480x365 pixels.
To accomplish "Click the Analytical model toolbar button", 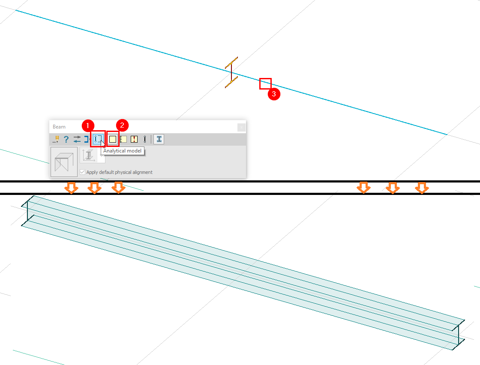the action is pos(98,139).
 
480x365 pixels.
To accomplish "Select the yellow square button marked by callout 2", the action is pos(113,139).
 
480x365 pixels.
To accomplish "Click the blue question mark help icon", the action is pos(66,139).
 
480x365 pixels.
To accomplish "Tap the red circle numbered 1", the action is pos(88,126).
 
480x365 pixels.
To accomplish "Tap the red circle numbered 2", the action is pos(122,126).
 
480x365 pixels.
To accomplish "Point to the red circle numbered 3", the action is pos(274,94).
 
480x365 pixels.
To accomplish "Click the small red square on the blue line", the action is pos(265,84).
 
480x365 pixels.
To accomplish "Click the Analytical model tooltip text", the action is pos(122,151).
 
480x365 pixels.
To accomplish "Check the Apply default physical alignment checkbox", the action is pos(82,172).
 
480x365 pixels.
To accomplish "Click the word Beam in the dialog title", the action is pos(59,127).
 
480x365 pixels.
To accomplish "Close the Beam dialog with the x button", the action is pos(241,127).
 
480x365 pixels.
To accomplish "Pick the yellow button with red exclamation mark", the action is pos(134,139).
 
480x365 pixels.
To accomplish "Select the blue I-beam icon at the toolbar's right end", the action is pos(159,139).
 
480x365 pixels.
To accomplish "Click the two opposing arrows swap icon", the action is pos(77,139).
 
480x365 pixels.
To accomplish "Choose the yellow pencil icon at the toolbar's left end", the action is pos(56,139).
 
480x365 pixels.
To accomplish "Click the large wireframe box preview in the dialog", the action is pos(64,162).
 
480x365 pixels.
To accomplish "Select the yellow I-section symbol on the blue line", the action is pos(231,72).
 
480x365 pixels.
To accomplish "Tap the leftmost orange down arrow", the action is pos(72,188).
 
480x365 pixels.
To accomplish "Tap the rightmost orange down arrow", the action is pos(422,188).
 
